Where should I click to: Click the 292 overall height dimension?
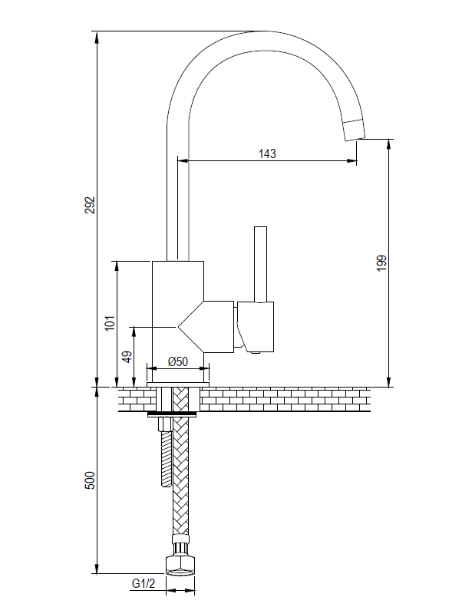[x=90, y=205]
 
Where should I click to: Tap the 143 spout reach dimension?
[x=267, y=153]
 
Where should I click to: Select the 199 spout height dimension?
[x=382, y=263]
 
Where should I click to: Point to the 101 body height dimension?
[x=111, y=322]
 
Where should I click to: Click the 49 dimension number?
[x=127, y=357]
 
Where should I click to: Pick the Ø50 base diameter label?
[x=178, y=361]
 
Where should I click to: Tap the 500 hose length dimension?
[x=90, y=480]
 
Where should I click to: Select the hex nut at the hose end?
[x=180, y=566]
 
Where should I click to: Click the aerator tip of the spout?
[x=355, y=131]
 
